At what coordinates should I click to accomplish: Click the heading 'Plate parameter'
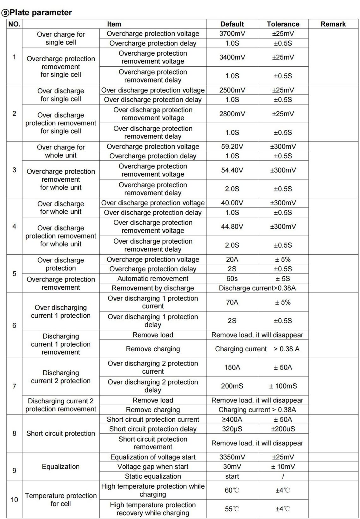pyautogui.click(x=40, y=13)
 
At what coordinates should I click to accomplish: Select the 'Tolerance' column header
pyautogui.click(x=283, y=24)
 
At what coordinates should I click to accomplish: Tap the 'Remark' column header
pyautogui.click(x=333, y=24)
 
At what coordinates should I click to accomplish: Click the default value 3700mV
pyautogui.click(x=232, y=33)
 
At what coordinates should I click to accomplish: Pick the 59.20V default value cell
pyautogui.click(x=232, y=147)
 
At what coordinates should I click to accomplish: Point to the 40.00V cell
pyautogui.click(x=232, y=203)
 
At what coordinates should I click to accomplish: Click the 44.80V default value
pyautogui.click(x=232, y=226)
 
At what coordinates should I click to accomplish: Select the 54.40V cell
pyautogui.click(x=232, y=170)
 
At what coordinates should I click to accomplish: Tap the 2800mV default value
pyautogui.click(x=232, y=114)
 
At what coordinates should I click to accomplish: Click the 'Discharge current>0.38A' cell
pyautogui.click(x=257, y=288)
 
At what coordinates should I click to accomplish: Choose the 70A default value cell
pyautogui.click(x=232, y=302)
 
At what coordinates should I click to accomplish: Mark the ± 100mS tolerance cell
pyautogui.click(x=283, y=386)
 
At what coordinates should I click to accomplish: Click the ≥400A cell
pyautogui.click(x=232, y=419)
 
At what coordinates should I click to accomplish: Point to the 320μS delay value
pyautogui.click(x=232, y=429)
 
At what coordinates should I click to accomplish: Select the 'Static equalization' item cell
pyautogui.click(x=153, y=476)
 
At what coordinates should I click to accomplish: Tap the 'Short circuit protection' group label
pyautogui.click(x=61, y=433)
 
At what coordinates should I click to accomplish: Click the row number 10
pyautogui.click(x=15, y=500)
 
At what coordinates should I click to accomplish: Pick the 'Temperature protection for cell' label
pyautogui.click(x=61, y=500)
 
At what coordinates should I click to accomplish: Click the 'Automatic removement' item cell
pyautogui.click(x=153, y=279)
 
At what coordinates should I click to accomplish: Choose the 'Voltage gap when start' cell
pyautogui.click(x=153, y=467)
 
